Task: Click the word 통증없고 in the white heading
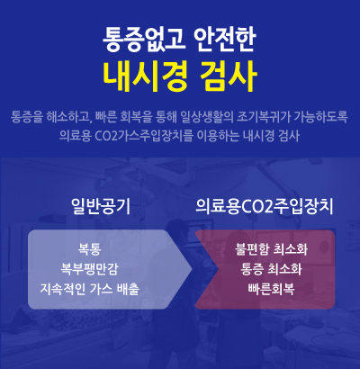(144, 40)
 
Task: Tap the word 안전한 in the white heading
(225, 40)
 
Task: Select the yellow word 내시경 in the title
(145, 76)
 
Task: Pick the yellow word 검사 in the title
(228, 76)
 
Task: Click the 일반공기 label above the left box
(101, 206)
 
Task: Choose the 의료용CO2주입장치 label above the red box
(265, 206)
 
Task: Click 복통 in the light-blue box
(89, 249)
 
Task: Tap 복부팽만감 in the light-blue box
(89, 269)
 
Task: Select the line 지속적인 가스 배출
(90, 289)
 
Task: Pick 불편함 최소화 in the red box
(271, 249)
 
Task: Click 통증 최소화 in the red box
(271, 269)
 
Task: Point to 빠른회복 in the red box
(271, 289)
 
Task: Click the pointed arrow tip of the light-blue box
(192, 269)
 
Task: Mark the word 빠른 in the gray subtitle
(105, 117)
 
